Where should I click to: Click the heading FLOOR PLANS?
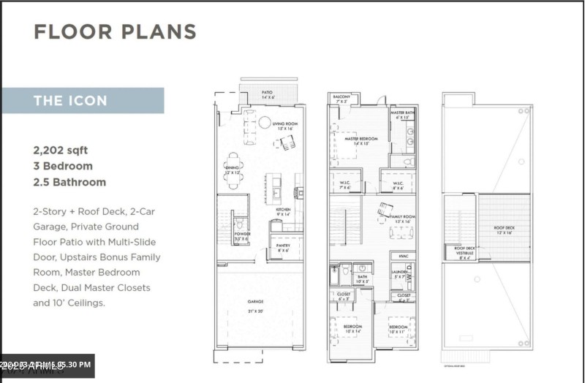(115, 32)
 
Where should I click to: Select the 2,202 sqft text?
(60, 150)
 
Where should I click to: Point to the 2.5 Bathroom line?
(69, 182)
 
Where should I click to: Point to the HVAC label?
(402, 257)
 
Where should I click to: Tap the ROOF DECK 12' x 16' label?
(502, 229)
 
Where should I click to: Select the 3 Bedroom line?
(63, 166)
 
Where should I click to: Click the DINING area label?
(233, 170)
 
